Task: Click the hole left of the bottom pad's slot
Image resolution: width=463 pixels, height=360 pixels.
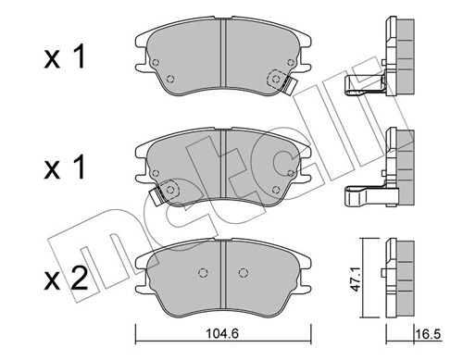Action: tap(203, 273)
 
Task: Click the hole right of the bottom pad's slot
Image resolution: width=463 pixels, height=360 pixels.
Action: tap(243, 273)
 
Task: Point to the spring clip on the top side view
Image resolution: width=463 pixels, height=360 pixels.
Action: tap(361, 89)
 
